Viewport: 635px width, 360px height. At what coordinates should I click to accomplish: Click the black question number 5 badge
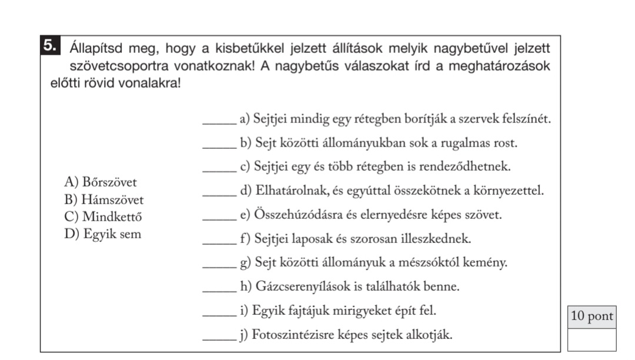click(x=50, y=45)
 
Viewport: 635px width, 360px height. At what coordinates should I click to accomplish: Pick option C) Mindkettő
click(x=103, y=217)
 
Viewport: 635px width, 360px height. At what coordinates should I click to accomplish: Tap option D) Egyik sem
click(x=103, y=235)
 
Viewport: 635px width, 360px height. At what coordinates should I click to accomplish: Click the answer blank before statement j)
click(x=219, y=339)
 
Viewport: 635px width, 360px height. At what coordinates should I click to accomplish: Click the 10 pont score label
click(x=591, y=316)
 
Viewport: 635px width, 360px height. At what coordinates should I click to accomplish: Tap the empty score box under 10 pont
click(x=591, y=339)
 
